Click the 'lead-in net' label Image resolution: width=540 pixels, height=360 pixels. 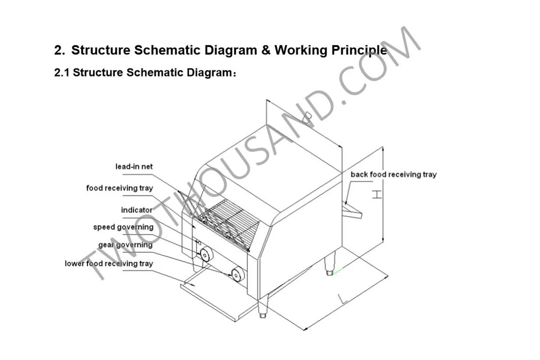pyautogui.click(x=134, y=167)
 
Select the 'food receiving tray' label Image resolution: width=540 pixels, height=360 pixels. pyautogui.click(x=120, y=188)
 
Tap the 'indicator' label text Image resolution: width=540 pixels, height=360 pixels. pyautogui.click(x=136, y=210)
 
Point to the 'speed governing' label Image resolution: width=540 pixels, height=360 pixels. pyautogui.click(x=123, y=227)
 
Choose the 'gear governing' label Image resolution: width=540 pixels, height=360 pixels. pyautogui.click(x=125, y=245)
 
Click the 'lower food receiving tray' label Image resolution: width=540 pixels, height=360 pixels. pyautogui.click(x=109, y=264)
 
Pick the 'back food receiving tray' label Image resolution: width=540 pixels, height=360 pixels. pyautogui.click(x=393, y=175)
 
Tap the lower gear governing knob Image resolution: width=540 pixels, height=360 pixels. pyautogui.click(x=238, y=275)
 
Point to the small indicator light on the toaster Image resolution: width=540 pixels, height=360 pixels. pyautogui.click(x=198, y=242)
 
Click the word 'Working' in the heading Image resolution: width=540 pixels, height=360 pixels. pyautogui.click(x=301, y=50)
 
